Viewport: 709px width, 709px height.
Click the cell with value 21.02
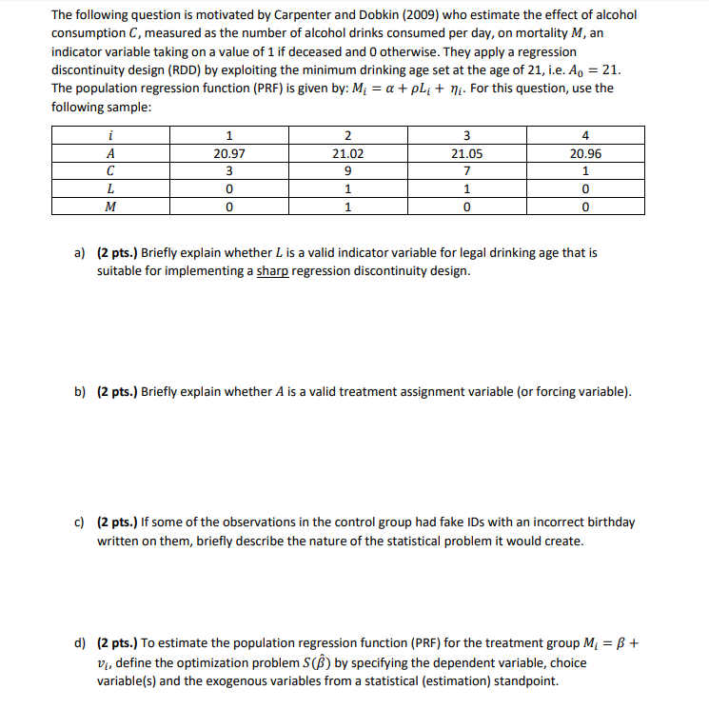[x=347, y=152]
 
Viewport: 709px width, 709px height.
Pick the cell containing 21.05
[x=467, y=152]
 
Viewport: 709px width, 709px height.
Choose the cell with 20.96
[x=584, y=152]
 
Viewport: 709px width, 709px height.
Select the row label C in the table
[x=110, y=170]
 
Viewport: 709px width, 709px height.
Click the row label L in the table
[x=110, y=188]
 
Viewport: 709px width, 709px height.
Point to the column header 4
[x=584, y=134]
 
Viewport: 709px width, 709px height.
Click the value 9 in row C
[x=347, y=170]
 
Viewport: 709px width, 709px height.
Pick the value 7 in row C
[x=467, y=170]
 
